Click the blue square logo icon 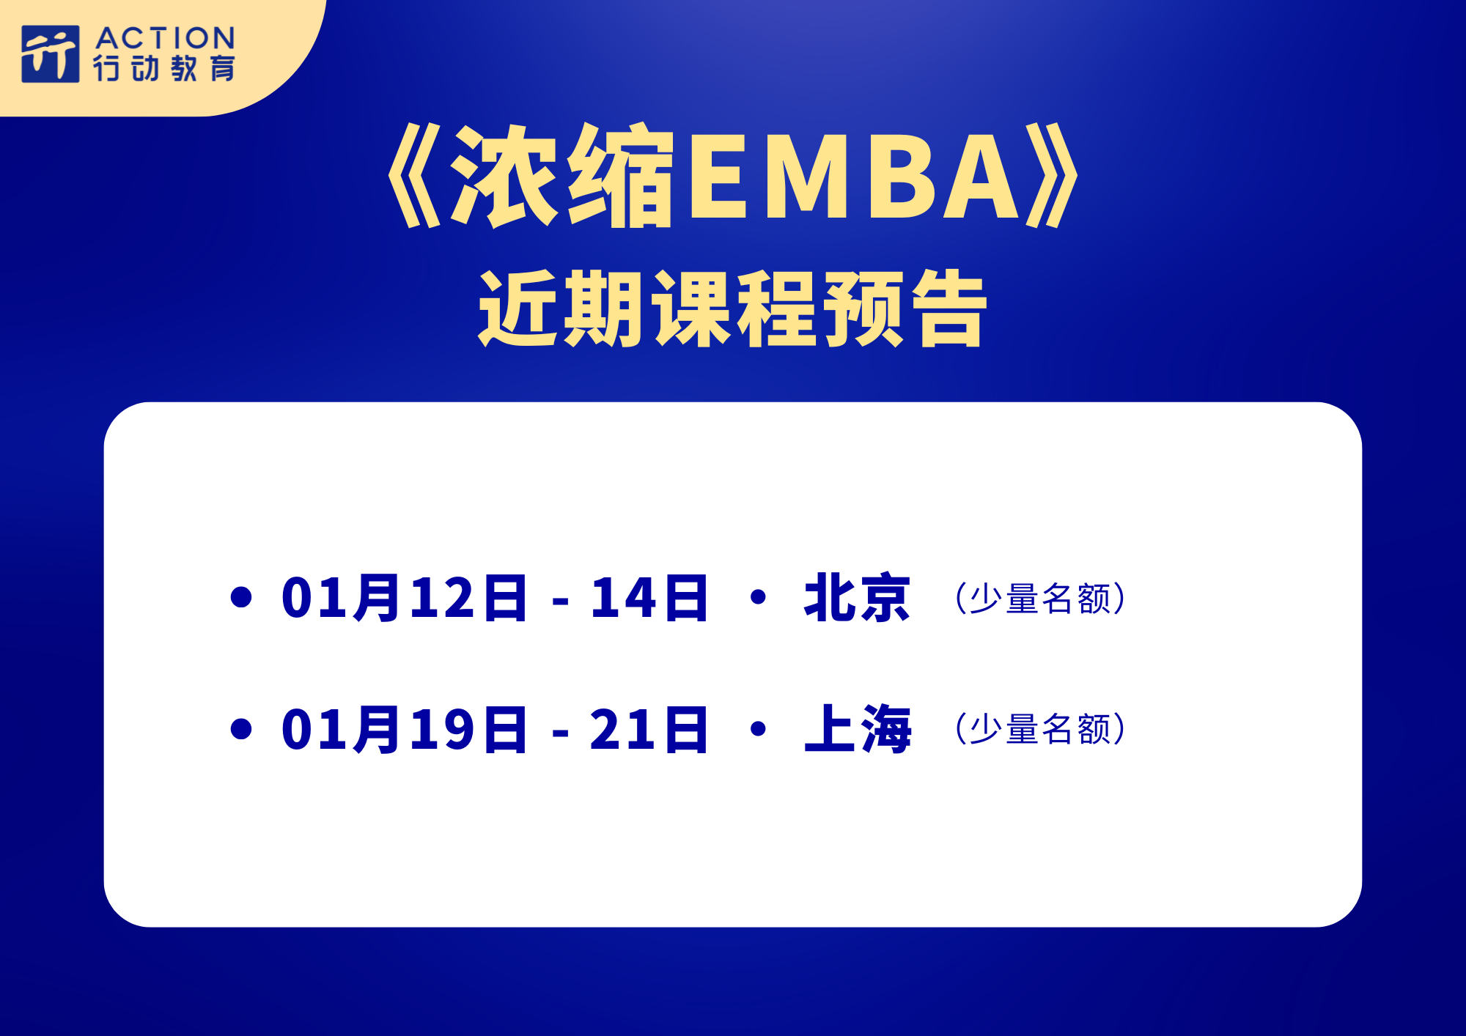point(50,54)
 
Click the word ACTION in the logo point(165,38)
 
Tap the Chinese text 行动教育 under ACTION point(164,68)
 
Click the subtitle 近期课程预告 point(733,308)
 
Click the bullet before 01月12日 point(241,597)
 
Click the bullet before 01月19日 point(241,729)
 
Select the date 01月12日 point(404,598)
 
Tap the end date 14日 point(649,598)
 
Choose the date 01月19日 point(404,730)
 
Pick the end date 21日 point(649,730)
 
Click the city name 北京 point(858,598)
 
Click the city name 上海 point(858,729)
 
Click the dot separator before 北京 point(759,597)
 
